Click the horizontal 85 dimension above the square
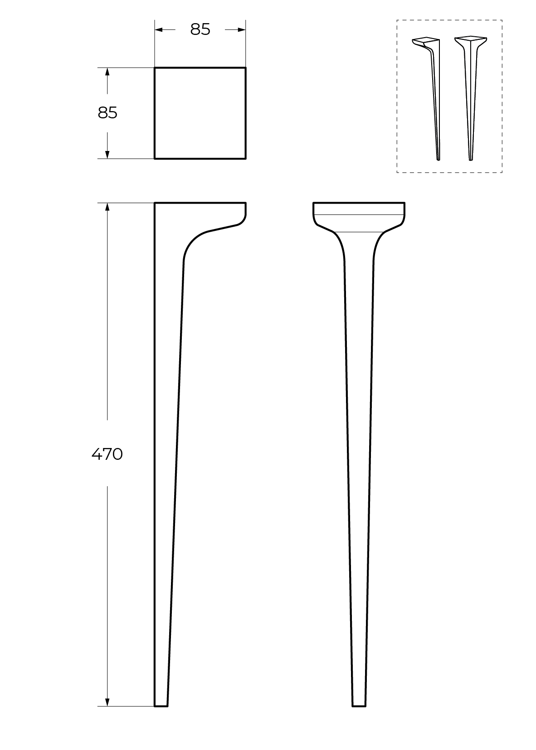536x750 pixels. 200,29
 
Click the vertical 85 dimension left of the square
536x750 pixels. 107,113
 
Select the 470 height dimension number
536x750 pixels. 107,454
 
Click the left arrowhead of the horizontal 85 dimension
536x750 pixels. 158,30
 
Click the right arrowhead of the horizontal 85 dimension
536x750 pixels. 242,30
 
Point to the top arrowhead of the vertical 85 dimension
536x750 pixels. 107,72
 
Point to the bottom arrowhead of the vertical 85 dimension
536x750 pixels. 107,155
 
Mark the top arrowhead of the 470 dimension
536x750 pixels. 107,207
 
